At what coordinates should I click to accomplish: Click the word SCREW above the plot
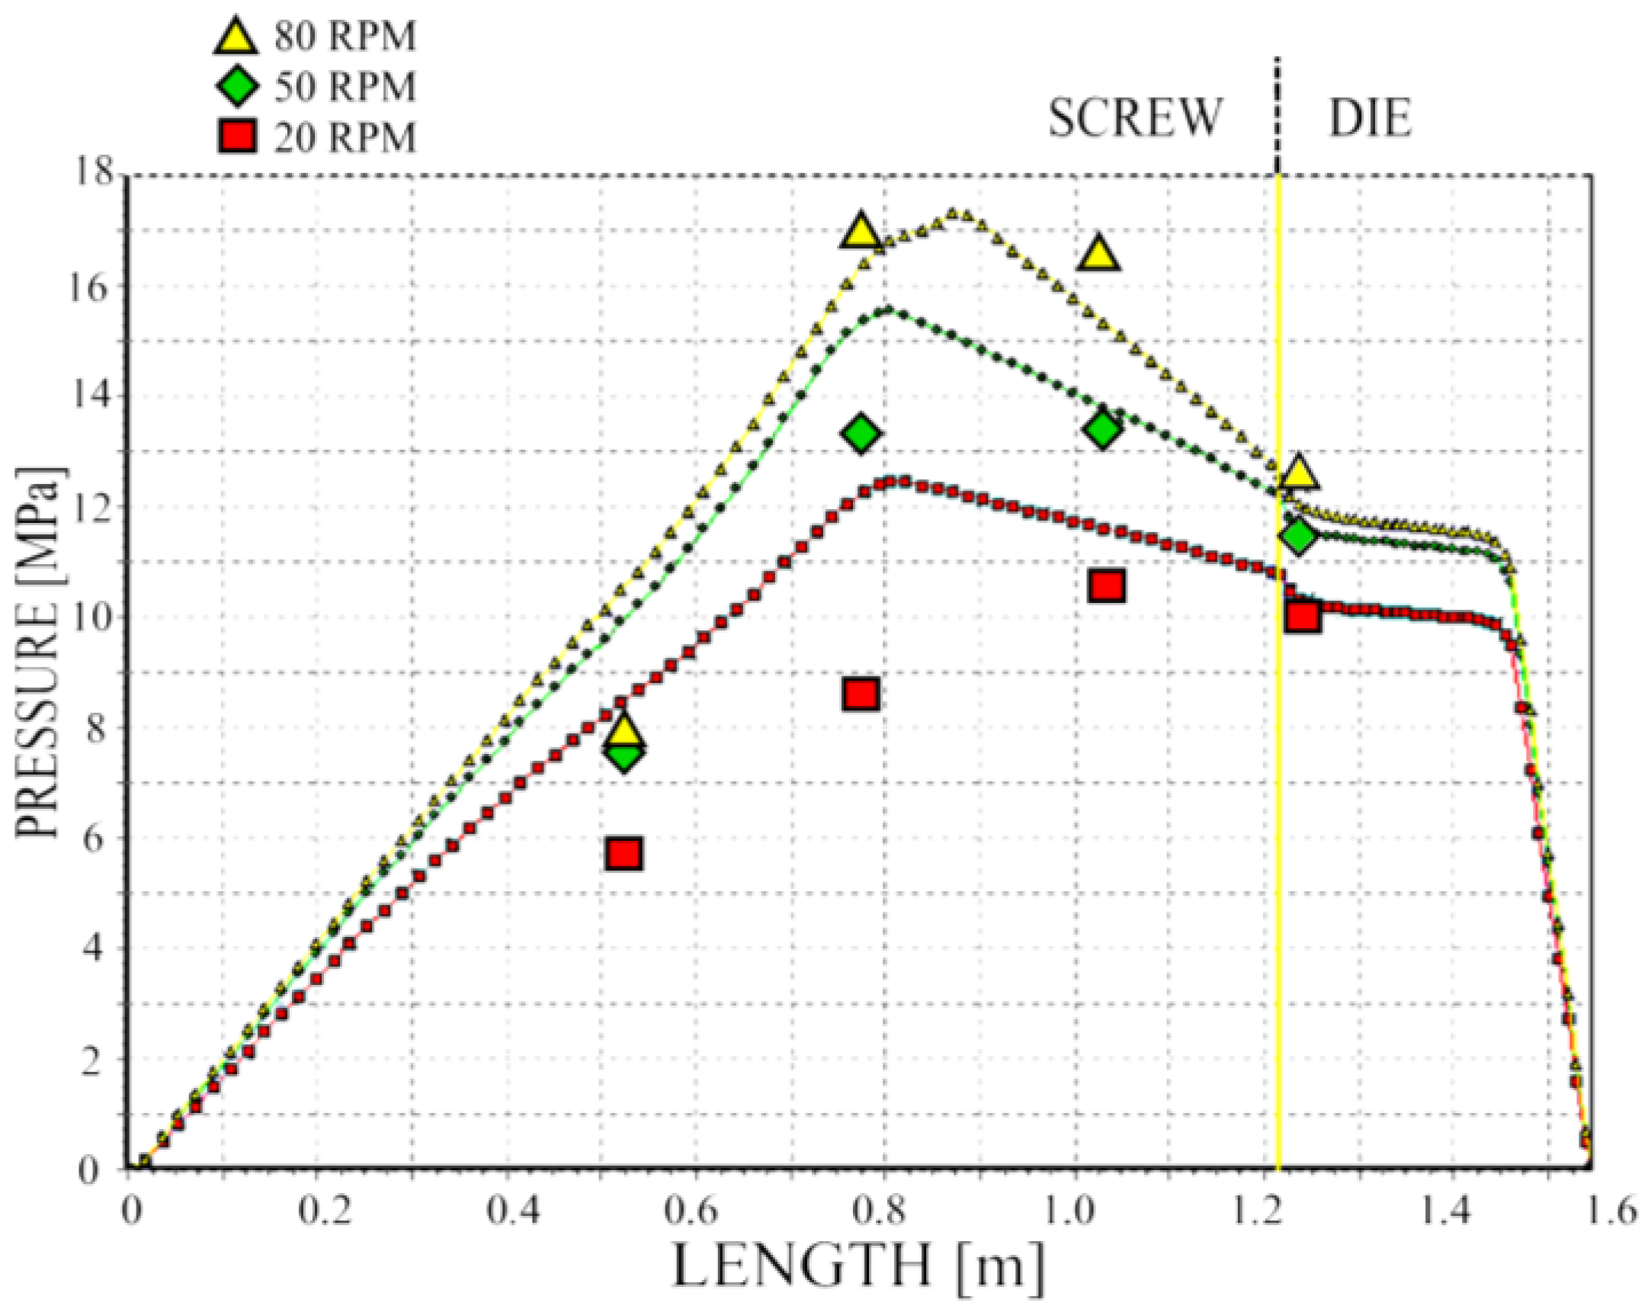click(1135, 119)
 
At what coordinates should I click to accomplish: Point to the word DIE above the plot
click(1369, 120)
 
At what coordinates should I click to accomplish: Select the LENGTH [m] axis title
click(858, 1265)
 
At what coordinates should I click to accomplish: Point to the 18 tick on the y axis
click(91, 175)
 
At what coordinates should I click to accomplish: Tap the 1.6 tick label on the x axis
click(1611, 1211)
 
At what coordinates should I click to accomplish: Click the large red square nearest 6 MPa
click(624, 853)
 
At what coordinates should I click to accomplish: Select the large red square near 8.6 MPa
click(861, 694)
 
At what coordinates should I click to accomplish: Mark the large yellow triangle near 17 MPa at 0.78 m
click(861, 230)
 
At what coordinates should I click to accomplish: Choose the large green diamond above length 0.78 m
click(861, 434)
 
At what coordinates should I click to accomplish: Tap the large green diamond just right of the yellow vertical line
click(1297, 536)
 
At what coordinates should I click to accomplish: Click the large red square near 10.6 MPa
click(1107, 586)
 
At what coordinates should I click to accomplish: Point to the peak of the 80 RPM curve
click(952, 213)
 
